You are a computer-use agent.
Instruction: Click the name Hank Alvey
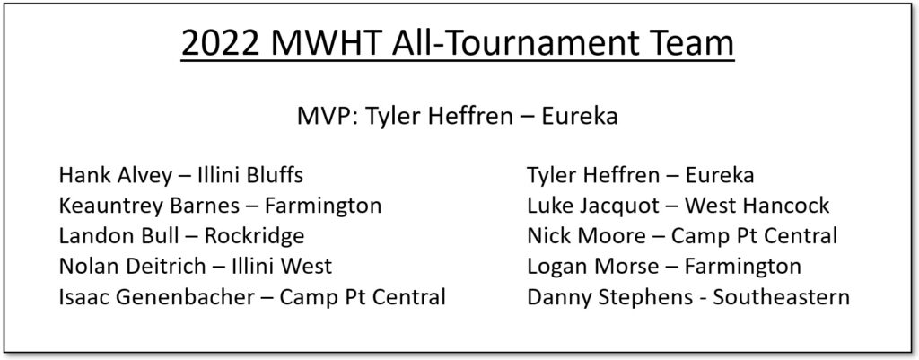click(x=116, y=175)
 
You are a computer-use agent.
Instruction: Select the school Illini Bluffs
click(x=249, y=175)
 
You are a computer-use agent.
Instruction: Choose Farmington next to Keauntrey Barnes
click(x=323, y=206)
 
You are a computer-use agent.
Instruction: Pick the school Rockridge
click(x=254, y=236)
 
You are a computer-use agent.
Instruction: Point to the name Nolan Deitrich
click(x=132, y=267)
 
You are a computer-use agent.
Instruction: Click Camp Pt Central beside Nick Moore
click(x=754, y=236)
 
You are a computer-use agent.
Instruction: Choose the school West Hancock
click(x=757, y=206)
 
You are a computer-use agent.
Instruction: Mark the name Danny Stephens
click(x=609, y=296)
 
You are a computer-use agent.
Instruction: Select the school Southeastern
click(x=781, y=296)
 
